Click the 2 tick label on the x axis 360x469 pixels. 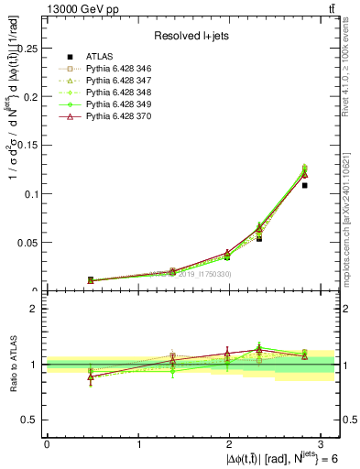pyautogui.click(x=229, y=443)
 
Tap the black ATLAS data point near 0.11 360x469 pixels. pyautogui.click(x=304, y=185)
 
